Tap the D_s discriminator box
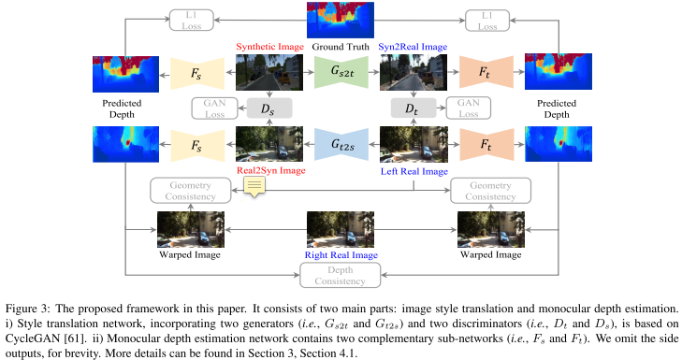click(x=268, y=108)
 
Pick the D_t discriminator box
click(x=412, y=108)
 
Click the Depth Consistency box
click(x=341, y=274)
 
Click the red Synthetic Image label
click(x=269, y=46)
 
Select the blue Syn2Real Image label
click(x=412, y=46)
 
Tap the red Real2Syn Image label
click(x=269, y=171)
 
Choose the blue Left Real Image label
click(x=414, y=171)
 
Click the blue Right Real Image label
click(x=341, y=253)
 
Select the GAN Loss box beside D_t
click(x=467, y=108)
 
